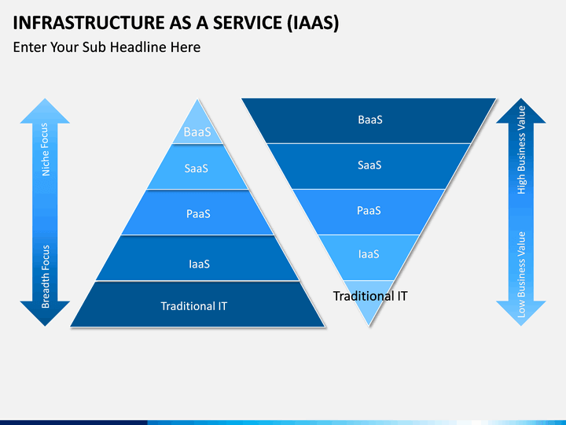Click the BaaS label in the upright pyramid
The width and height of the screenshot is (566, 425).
[x=197, y=132]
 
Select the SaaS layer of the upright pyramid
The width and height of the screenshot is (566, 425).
[x=197, y=168]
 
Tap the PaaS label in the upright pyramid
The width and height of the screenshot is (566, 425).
[x=197, y=213]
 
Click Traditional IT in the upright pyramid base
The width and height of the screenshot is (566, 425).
[x=194, y=305]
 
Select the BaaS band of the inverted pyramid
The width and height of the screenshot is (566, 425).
[x=369, y=120]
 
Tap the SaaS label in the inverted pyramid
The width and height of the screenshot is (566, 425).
[x=369, y=165]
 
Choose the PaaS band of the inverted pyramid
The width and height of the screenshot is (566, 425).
[x=369, y=211]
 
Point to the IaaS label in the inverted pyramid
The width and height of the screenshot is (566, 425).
[x=369, y=254]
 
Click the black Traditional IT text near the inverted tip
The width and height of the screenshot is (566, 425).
[x=370, y=296]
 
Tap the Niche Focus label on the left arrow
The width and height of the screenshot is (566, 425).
[x=46, y=149]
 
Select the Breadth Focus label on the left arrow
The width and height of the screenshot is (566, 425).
[x=46, y=275]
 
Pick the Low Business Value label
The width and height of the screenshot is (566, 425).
[x=521, y=274]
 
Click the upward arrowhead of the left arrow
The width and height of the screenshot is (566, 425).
[x=45, y=111]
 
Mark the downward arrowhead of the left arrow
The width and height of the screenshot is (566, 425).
[x=45, y=314]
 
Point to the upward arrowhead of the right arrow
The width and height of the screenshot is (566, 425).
[x=520, y=111]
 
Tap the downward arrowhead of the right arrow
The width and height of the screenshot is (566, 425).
[x=520, y=313]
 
